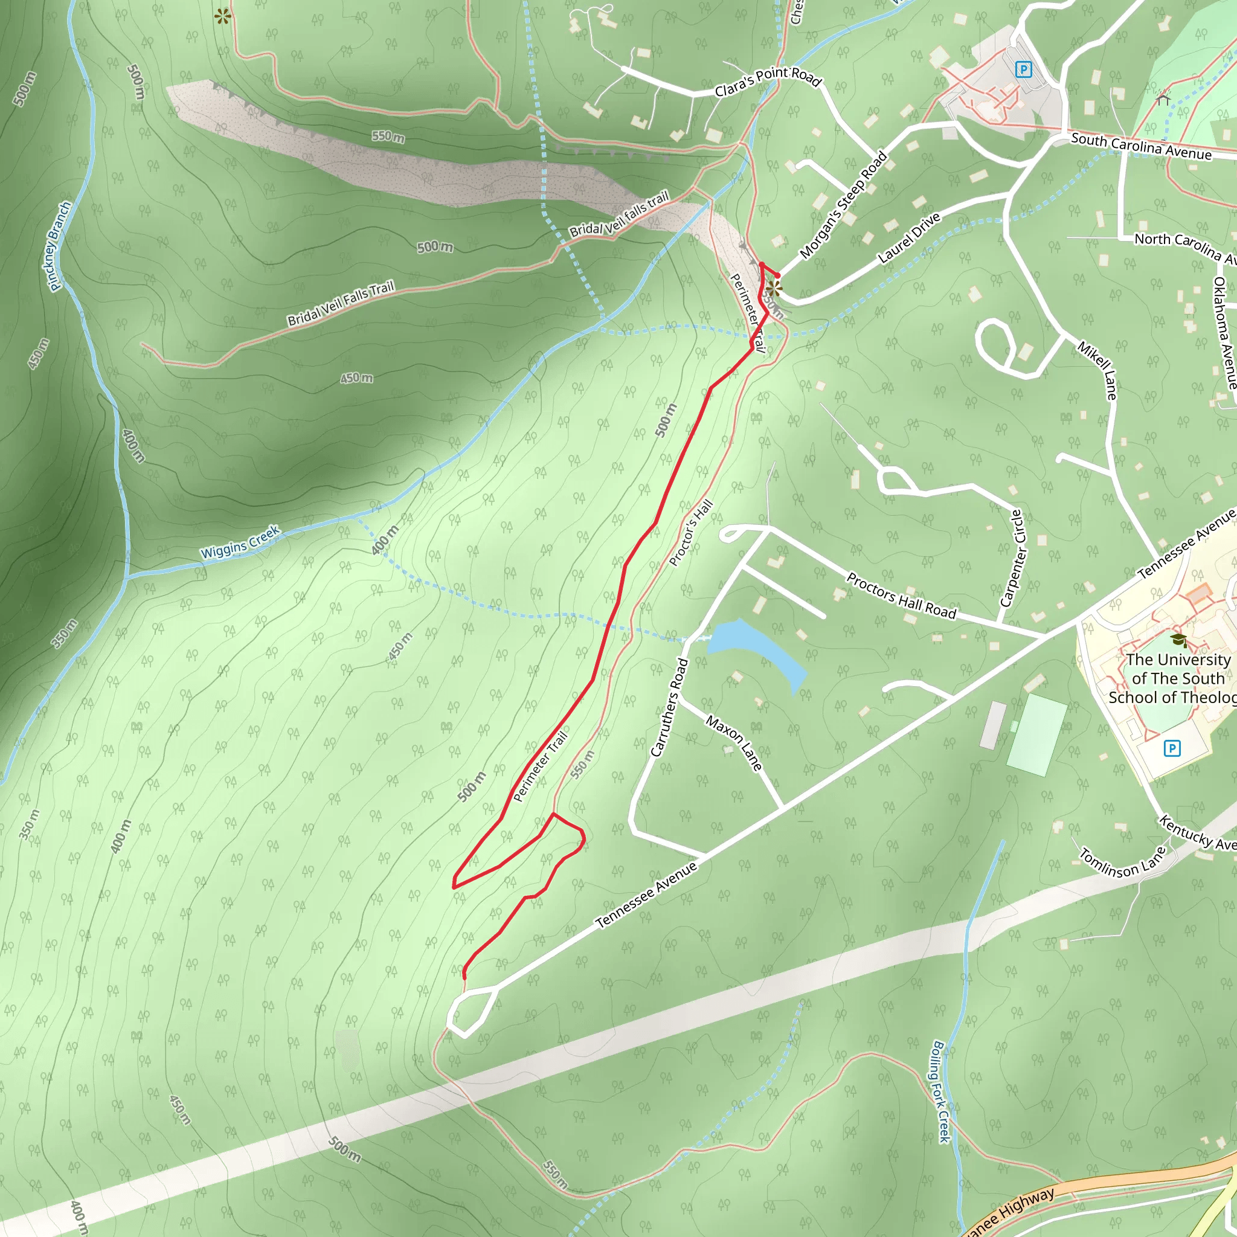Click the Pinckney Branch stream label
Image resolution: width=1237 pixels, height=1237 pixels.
(60, 246)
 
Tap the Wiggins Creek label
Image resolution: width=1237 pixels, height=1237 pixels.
(240, 542)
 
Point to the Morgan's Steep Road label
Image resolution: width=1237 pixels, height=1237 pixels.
(843, 205)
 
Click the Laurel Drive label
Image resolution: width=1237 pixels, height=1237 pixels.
(909, 237)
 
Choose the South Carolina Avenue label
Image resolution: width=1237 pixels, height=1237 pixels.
(1141, 147)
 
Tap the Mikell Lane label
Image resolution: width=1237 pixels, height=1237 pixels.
(1097, 371)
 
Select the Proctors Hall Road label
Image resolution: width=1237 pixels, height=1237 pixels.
(902, 596)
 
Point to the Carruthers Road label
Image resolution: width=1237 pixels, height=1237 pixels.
(669, 707)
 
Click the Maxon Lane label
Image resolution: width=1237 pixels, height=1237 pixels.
(734, 743)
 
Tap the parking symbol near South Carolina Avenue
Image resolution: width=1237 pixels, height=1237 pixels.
(1023, 69)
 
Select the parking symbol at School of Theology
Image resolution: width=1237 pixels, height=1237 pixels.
(1172, 748)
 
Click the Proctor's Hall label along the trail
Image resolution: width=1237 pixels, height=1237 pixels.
(690, 533)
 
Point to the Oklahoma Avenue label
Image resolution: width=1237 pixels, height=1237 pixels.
(1224, 333)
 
